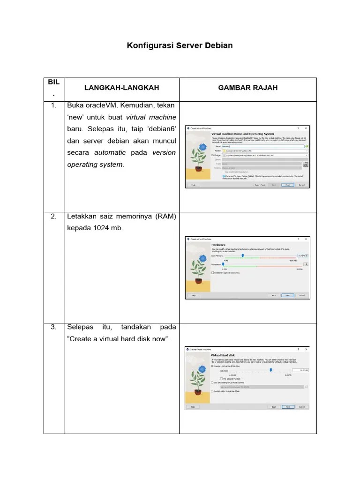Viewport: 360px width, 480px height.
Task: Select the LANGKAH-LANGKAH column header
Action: [x=121, y=88]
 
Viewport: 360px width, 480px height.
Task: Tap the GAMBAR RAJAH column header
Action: [x=247, y=88]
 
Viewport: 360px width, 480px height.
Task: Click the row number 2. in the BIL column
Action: [x=53, y=216]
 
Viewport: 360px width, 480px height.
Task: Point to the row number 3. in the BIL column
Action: [x=53, y=326]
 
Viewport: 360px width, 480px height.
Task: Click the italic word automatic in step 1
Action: [x=110, y=152]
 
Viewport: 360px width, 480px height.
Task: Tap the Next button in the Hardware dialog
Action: [x=288, y=295]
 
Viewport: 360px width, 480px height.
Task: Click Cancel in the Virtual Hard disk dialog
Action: [x=301, y=406]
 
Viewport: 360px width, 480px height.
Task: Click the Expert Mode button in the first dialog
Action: [x=260, y=185]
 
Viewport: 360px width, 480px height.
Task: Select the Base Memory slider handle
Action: [x=243, y=255]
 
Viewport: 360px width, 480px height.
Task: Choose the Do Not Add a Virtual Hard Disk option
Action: [x=212, y=391]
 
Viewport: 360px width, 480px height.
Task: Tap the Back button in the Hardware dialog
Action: [x=274, y=295]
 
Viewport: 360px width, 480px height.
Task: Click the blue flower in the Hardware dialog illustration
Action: [x=202, y=258]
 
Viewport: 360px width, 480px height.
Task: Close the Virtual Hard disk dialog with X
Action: [x=306, y=349]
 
